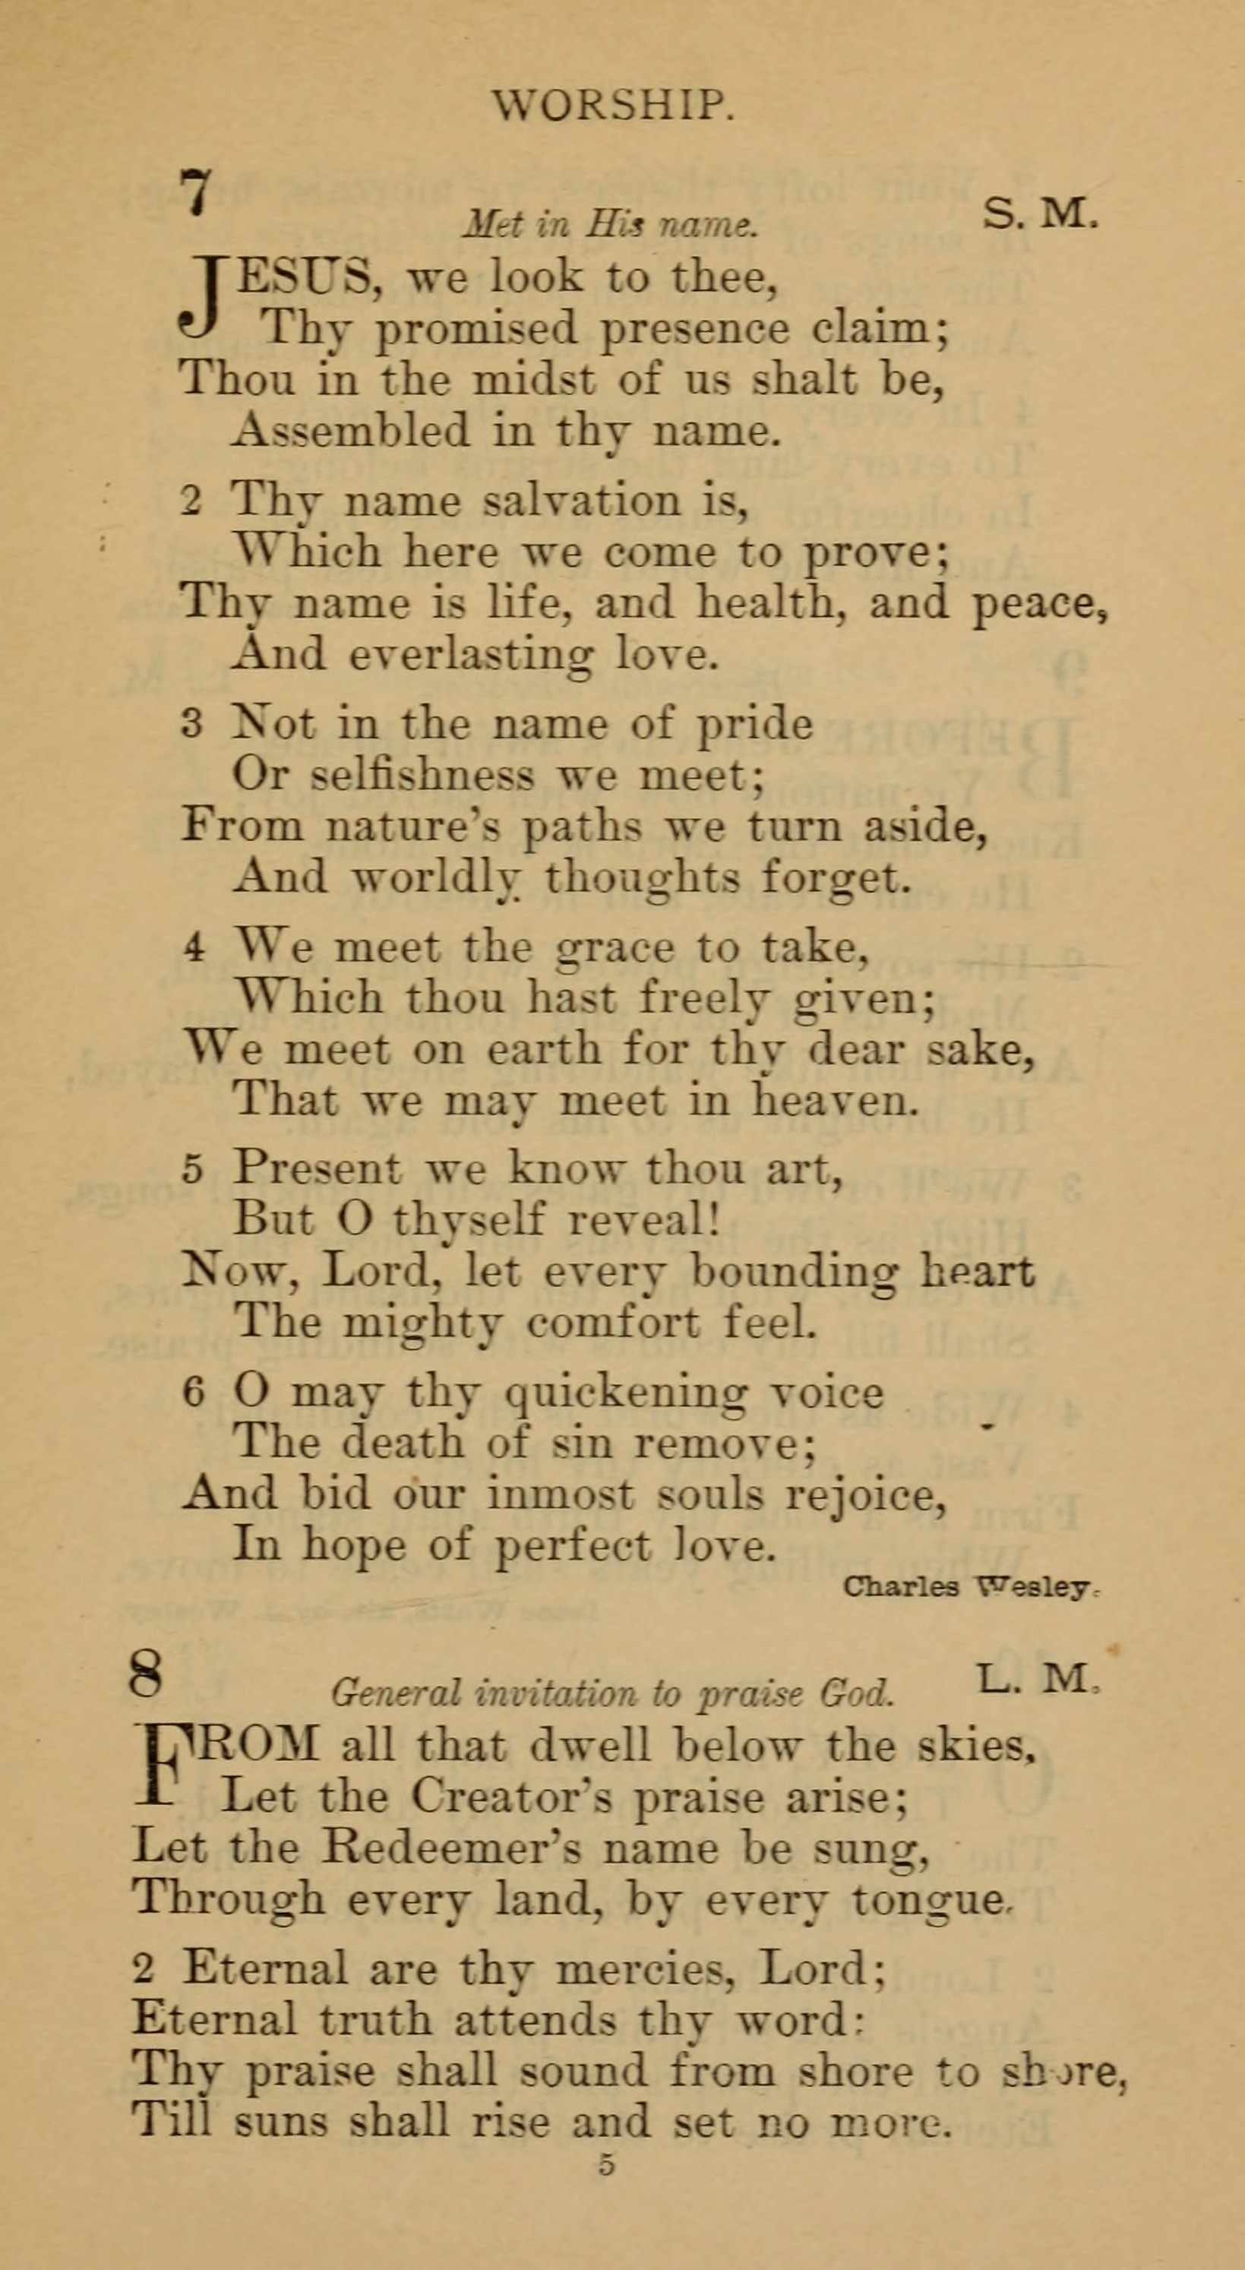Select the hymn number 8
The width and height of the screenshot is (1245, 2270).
tap(147, 1674)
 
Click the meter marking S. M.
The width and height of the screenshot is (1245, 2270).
tap(1041, 214)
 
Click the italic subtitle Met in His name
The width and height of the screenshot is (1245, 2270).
tap(610, 226)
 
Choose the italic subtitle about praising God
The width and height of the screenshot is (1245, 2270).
tap(612, 1693)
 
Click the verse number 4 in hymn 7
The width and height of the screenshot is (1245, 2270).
tap(194, 949)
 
